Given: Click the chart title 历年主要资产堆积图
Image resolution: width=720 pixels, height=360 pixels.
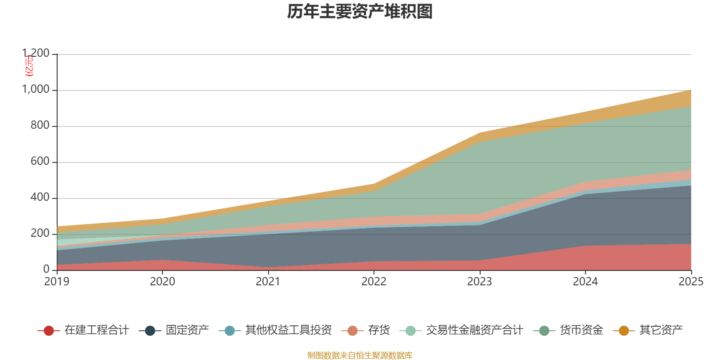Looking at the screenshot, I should (360, 12).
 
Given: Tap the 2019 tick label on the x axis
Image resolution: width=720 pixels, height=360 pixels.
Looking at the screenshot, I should (57, 282).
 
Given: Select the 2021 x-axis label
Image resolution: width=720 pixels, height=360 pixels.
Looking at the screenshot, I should (268, 282).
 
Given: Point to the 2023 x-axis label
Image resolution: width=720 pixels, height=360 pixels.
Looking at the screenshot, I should (480, 282).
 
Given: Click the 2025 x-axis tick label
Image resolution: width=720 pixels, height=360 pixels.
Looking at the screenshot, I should (691, 282).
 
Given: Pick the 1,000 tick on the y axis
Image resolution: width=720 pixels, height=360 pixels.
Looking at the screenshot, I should (36, 90).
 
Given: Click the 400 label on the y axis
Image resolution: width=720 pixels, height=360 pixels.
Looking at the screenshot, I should (40, 198).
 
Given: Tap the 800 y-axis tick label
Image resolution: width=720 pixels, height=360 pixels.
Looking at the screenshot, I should (40, 126).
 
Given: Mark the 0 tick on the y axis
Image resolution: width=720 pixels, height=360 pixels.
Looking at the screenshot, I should (46, 270).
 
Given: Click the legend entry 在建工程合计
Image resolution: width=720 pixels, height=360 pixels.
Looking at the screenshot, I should (97, 330).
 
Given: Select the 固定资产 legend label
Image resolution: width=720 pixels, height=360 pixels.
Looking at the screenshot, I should (187, 330).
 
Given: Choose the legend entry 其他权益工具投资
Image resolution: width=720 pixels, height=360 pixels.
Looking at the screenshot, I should (288, 330).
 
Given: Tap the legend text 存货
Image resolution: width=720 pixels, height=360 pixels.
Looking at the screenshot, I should (379, 330).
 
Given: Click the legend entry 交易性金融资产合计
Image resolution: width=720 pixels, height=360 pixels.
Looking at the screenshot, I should (474, 330).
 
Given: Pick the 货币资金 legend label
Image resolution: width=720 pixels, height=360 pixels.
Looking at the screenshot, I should (581, 330).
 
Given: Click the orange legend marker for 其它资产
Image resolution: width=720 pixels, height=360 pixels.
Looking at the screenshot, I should (624, 331).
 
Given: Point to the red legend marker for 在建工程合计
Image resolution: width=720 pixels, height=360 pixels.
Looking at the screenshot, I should (49, 331).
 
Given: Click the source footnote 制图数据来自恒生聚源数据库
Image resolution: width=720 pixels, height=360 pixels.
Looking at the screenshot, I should (360, 355).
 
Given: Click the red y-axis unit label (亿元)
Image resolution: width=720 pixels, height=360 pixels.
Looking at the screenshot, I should (29, 66).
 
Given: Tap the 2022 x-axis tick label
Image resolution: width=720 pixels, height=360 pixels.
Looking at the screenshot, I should (374, 282).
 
